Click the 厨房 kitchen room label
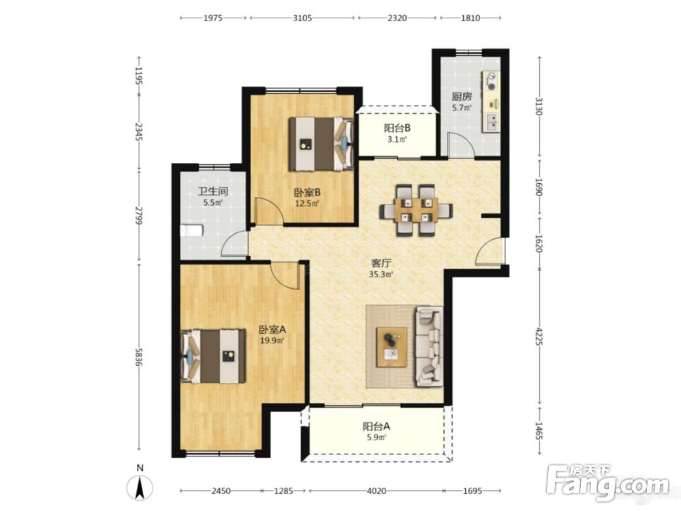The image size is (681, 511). tap(462, 96)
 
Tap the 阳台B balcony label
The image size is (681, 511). tap(397, 128)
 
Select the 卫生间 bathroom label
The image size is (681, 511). tap(212, 191)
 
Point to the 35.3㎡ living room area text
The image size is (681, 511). tap(381, 274)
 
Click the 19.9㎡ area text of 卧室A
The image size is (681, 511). tap(272, 340)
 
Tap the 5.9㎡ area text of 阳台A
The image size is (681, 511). tap(376, 437)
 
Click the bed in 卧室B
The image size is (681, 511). tap(321, 143)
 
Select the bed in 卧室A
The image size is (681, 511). tap(212, 356)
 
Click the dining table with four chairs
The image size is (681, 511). tap(416, 211)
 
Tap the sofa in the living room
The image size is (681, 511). tap(430, 346)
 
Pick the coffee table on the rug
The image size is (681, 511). tap(392, 347)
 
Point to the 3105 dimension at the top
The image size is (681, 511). tap(302, 18)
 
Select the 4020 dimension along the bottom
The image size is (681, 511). tap(377, 491)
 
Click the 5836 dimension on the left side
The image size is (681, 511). tap(138, 357)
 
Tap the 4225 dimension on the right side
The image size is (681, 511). tap(539, 337)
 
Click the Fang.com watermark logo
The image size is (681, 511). tap(608, 483)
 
